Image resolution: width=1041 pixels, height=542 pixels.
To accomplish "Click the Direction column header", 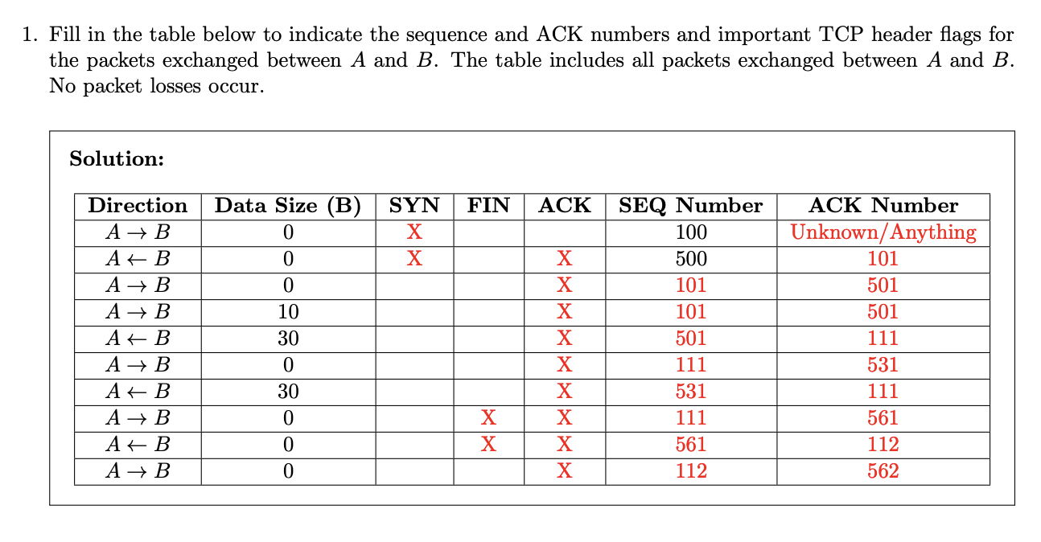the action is click(138, 206).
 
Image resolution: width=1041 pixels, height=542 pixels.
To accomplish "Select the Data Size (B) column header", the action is click(288, 206).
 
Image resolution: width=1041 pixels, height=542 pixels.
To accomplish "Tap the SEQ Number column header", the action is click(690, 206).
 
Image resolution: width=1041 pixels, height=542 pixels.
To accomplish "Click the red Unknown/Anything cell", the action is click(883, 232).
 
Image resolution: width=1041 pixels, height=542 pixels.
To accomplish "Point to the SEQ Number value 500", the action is click(691, 259).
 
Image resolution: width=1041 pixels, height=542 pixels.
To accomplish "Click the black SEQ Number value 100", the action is click(691, 232).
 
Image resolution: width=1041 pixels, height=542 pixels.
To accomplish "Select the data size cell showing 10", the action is click(288, 312).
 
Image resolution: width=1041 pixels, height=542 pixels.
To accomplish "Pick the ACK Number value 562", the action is click(883, 471).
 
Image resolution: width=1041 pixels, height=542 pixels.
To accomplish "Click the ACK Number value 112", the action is click(883, 445).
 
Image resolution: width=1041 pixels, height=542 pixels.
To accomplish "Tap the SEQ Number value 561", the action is click(691, 445).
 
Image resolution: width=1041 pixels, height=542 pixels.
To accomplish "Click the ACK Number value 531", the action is click(883, 364).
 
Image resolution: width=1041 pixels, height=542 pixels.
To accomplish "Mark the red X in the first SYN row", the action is click(414, 232).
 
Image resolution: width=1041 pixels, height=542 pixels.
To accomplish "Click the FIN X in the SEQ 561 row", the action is click(488, 445).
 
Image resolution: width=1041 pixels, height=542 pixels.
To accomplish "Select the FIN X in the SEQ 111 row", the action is click(488, 418).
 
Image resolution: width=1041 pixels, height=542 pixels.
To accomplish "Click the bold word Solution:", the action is click(117, 159).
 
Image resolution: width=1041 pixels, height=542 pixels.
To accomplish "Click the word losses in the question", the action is click(175, 86).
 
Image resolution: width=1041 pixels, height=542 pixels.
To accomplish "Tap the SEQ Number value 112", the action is click(691, 471).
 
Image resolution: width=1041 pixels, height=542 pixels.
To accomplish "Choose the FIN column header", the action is click(488, 206).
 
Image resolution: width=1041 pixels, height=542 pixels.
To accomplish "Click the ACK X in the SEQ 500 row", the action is click(565, 259).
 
